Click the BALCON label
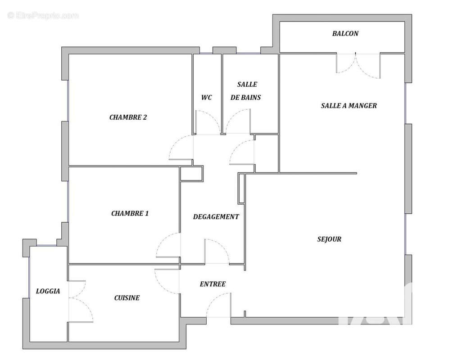click(x=345, y=33)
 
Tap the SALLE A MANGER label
click(x=349, y=106)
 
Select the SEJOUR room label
click(x=329, y=239)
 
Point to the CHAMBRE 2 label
click(x=128, y=117)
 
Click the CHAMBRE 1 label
click(x=130, y=213)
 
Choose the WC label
click(x=207, y=97)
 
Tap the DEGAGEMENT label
click(x=216, y=216)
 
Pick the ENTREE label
click(x=213, y=284)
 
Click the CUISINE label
click(x=127, y=297)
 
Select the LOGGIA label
click(x=48, y=291)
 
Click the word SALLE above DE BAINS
click(x=247, y=84)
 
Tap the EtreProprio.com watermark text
click(x=43, y=16)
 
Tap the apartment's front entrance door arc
click(x=218, y=305)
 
